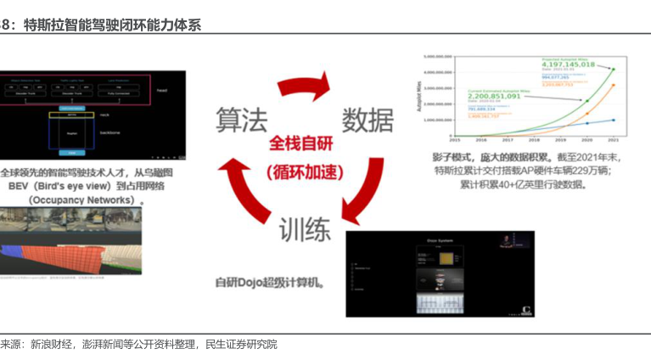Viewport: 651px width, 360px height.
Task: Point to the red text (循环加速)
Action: pyautogui.click(x=301, y=170)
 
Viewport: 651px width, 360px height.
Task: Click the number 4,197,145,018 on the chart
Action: pyautogui.click(x=580, y=65)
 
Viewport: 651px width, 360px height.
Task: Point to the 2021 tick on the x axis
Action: pyautogui.click(x=613, y=140)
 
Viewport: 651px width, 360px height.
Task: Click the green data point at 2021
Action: pyautogui.click(x=613, y=70)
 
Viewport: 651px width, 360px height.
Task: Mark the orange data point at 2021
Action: pyautogui.click(x=613, y=85)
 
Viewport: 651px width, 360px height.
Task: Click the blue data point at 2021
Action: pyautogui.click(x=613, y=120)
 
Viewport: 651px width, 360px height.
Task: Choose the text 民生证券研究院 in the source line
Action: pyautogui.click(x=242, y=344)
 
